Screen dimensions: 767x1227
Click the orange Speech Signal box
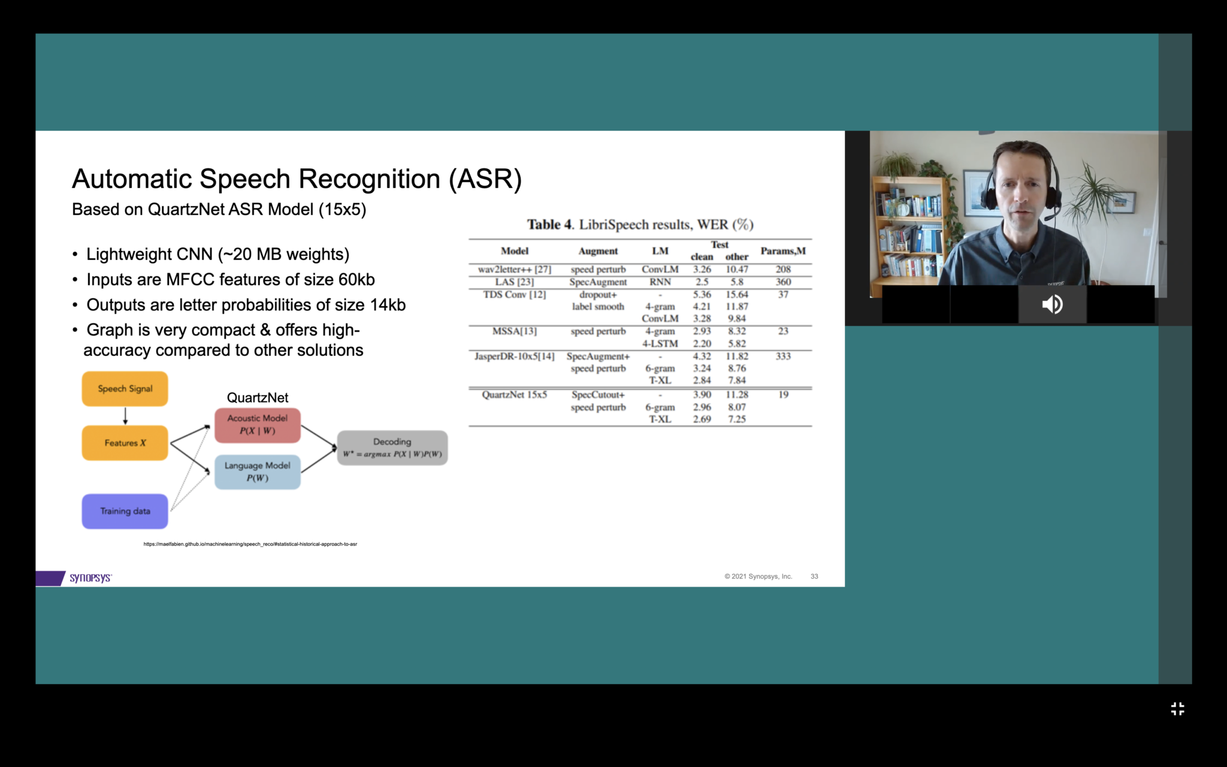pos(125,389)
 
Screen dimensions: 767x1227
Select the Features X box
pos(125,443)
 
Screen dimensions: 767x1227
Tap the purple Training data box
pos(125,511)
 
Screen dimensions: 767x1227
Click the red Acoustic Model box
pos(258,425)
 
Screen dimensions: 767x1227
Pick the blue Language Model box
pos(258,472)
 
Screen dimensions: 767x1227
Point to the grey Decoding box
pos(392,448)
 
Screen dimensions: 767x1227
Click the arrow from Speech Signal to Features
pos(125,416)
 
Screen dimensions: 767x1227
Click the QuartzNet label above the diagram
pos(258,398)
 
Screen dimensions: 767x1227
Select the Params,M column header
pos(783,251)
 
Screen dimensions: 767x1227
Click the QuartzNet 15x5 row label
pos(514,395)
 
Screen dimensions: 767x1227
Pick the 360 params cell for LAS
pos(783,282)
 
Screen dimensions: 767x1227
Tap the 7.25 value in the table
pos(737,419)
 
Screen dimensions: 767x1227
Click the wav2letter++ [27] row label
pos(514,270)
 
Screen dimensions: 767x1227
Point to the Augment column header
pos(598,251)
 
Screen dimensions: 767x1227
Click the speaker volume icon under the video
pos(1052,304)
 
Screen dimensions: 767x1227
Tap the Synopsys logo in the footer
pos(90,578)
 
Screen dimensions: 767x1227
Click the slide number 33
pos(814,576)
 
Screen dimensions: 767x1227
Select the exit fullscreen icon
pos(1177,709)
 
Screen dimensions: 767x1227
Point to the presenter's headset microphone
pos(1050,215)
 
